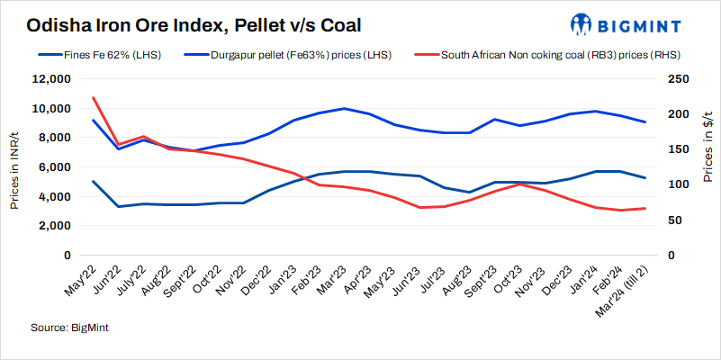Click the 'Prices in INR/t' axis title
(x=15, y=167)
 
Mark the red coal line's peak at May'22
(x=95, y=97)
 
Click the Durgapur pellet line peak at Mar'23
(x=343, y=108)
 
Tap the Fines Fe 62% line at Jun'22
(x=120, y=206)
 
